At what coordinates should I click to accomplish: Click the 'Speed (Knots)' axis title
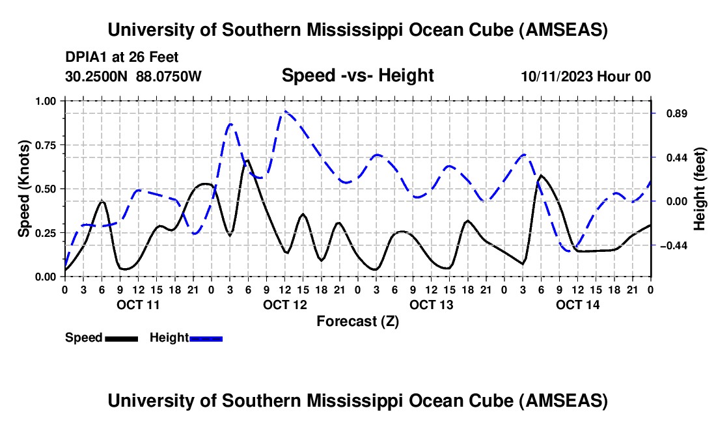click(24, 189)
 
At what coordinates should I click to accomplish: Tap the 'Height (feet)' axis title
click(700, 189)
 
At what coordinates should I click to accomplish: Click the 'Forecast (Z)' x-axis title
click(357, 321)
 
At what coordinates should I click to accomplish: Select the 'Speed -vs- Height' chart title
click(357, 75)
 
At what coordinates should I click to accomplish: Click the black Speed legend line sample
click(121, 338)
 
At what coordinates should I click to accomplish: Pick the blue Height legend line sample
click(206, 338)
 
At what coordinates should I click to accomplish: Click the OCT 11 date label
click(137, 304)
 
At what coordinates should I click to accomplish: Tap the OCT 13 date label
click(430, 304)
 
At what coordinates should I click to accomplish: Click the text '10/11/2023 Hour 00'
click(586, 76)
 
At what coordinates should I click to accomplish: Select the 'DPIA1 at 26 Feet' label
click(122, 57)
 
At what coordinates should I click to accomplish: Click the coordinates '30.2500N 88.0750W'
click(133, 76)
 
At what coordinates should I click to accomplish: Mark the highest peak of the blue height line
click(284, 112)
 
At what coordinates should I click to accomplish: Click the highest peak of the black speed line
click(247, 160)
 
